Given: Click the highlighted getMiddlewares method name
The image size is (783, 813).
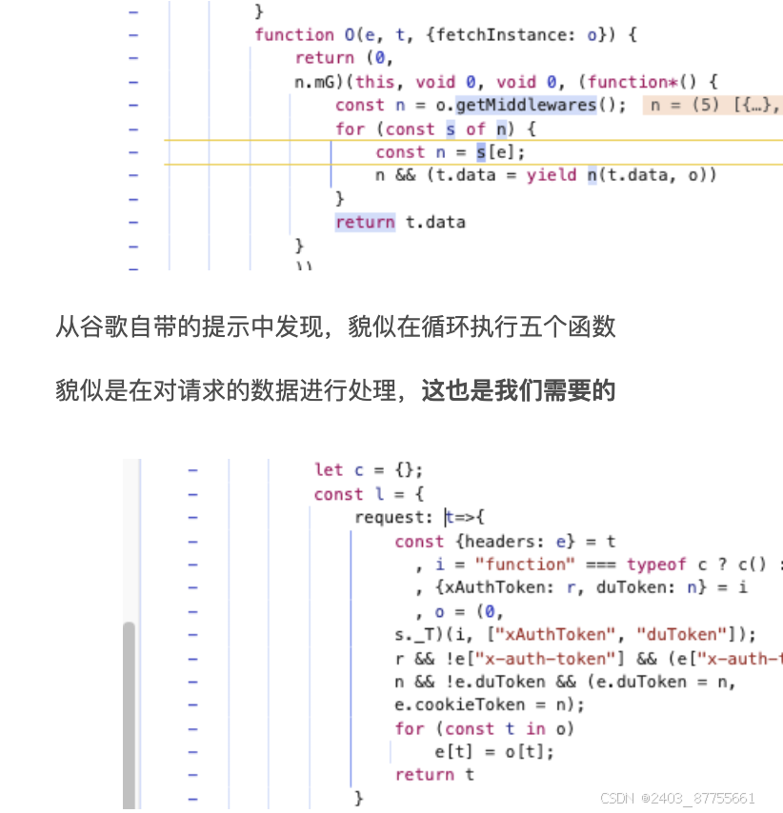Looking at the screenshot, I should [x=539, y=105].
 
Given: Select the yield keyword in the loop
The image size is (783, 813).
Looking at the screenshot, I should [x=552, y=175].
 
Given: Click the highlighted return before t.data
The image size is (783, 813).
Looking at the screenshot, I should [x=365, y=223].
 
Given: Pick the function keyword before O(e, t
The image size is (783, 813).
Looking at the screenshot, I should [x=294, y=35].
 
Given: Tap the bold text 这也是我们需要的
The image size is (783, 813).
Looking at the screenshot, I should [x=519, y=390].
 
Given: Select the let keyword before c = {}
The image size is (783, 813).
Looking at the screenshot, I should [x=329, y=470].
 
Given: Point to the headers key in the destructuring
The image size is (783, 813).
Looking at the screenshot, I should [x=490, y=542].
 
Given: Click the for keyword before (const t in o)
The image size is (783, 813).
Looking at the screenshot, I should [x=409, y=728].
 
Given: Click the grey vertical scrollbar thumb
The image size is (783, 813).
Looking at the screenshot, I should [x=129, y=714].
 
